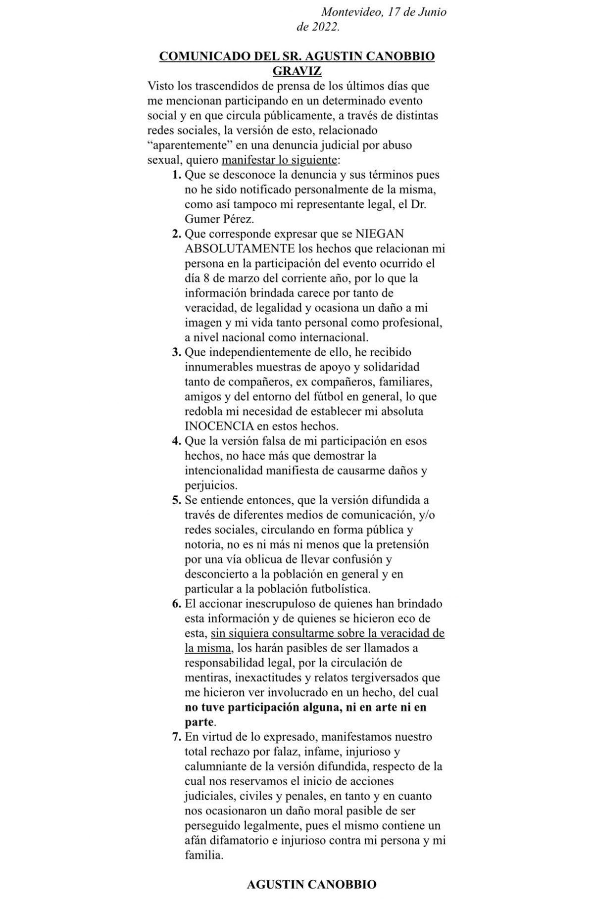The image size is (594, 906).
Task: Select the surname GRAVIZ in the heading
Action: (297, 71)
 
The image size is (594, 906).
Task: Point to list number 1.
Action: (176, 175)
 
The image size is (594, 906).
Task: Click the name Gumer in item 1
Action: (201, 219)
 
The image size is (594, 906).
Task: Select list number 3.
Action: (176, 352)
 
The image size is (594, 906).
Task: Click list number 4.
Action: (176, 441)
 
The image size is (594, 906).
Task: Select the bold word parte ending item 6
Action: (199, 722)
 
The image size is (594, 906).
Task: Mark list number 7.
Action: (176, 737)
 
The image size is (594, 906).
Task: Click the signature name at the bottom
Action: (311, 884)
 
